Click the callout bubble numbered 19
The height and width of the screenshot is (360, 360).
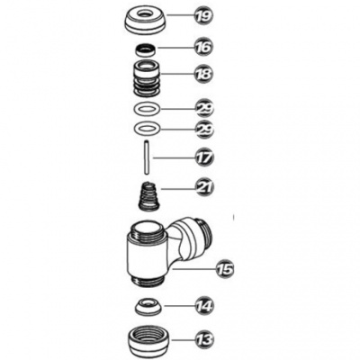coord(203,15)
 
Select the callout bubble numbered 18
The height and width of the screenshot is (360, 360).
coord(203,74)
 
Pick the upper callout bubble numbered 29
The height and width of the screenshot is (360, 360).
coord(204,108)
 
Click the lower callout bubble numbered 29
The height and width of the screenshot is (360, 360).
coord(204,130)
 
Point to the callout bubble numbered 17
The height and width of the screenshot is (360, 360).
coord(204,157)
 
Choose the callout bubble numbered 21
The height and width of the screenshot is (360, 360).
coord(204,188)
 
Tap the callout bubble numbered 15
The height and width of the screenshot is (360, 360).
coord(224,269)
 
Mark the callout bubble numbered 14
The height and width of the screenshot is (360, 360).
coord(204,306)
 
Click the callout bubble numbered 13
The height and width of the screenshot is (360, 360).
coord(204,340)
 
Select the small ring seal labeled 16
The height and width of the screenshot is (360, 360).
coord(145,49)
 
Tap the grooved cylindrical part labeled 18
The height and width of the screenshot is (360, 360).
coord(147,78)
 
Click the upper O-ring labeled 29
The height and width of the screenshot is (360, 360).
coord(137,108)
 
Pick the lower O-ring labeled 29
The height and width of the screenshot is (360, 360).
coord(137,129)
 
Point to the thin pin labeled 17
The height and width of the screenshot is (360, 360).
coord(147,157)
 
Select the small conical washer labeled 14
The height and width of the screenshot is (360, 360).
coord(148,307)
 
